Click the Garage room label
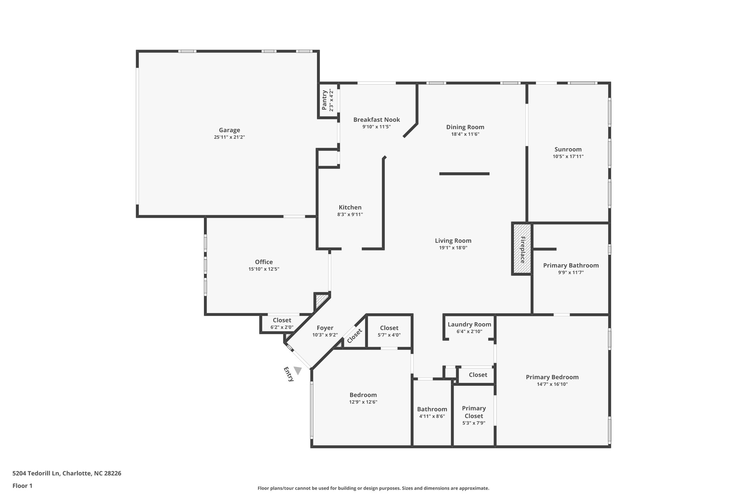click(229, 130)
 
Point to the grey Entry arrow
click(298, 371)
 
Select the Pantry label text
click(324, 100)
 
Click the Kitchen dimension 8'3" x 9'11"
click(350, 215)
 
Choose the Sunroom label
click(568, 149)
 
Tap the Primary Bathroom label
click(571, 265)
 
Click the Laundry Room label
click(469, 324)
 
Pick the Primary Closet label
click(474, 412)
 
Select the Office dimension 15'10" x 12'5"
click(264, 269)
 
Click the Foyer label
click(325, 328)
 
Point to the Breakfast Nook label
click(376, 120)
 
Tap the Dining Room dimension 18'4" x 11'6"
click(465, 134)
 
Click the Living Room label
click(453, 241)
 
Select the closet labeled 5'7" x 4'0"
click(389, 331)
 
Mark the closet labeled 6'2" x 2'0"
click(282, 324)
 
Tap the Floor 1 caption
click(22, 486)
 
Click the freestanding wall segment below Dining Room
click(464, 174)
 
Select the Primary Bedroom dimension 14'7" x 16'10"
click(552, 384)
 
